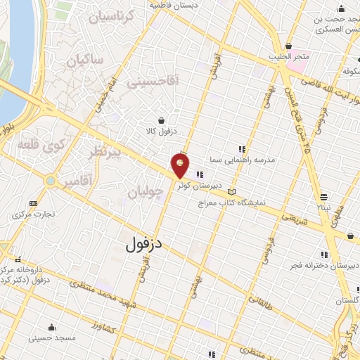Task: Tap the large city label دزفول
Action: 145,245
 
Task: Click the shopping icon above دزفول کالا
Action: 162,120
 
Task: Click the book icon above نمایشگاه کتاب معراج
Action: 231,191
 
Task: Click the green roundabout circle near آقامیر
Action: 50,181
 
